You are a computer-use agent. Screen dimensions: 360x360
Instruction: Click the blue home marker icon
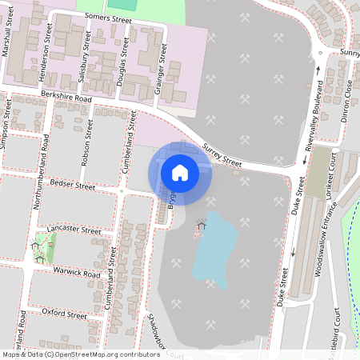coord(180,172)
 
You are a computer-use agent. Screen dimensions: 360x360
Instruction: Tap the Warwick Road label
coord(78,274)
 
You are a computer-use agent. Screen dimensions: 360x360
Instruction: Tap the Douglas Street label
coord(120,68)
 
